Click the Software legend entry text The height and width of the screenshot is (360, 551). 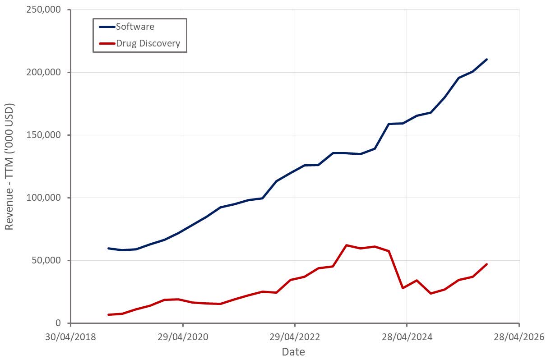tap(135, 27)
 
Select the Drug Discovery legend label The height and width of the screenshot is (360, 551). tap(148, 43)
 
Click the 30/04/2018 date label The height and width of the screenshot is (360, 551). tap(71, 337)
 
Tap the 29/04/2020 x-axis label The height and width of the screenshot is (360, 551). tap(183, 337)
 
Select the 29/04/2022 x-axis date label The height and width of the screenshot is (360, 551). tap(295, 337)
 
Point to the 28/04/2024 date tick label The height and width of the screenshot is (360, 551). tap(407, 337)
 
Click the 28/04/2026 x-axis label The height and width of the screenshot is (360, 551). tap(519, 337)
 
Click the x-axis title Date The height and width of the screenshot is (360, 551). tap(293, 352)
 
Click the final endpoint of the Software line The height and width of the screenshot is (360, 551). tap(486, 59)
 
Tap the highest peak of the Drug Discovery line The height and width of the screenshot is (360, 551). tap(346, 245)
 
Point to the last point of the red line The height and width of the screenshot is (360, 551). tap(486, 264)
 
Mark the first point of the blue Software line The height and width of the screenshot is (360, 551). tap(109, 248)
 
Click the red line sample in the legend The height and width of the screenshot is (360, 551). tap(107, 44)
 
